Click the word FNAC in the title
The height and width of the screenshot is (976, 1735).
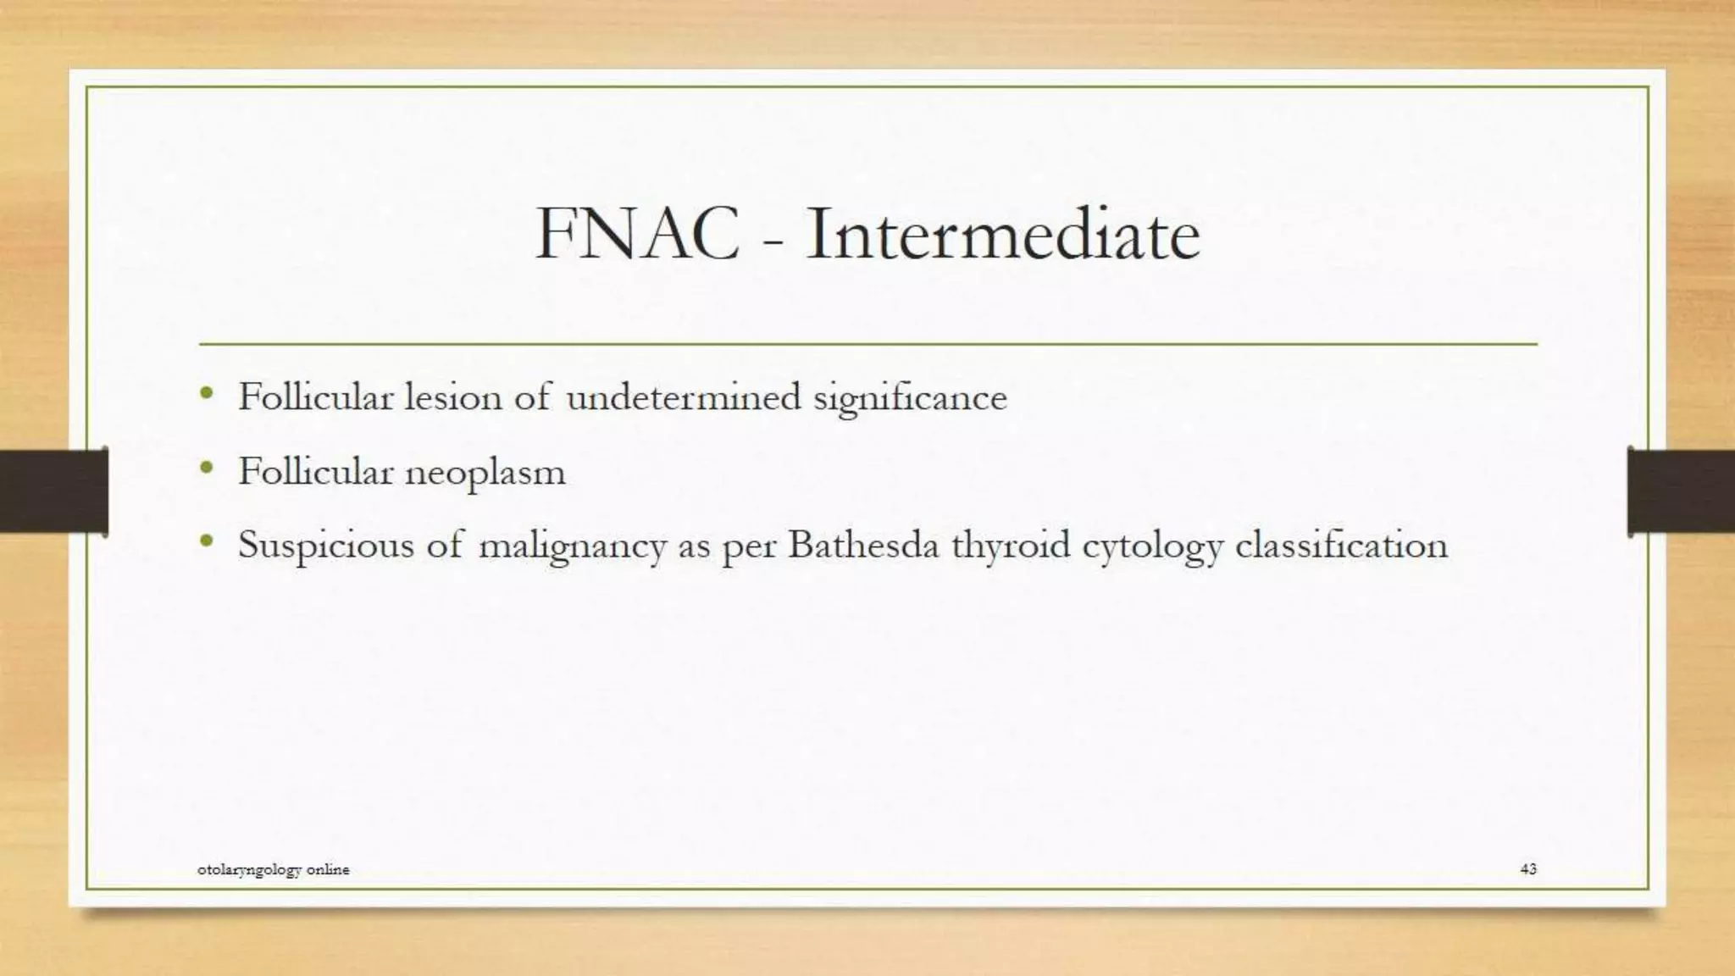tap(637, 234)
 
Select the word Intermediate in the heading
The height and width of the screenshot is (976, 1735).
tap(1003, 234)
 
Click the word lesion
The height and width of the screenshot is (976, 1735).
tap(453, 396)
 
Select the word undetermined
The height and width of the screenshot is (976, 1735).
tap(683, 396)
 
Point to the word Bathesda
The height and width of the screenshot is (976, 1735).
tap(863, 545)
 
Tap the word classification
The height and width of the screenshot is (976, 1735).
tap(1342, 545)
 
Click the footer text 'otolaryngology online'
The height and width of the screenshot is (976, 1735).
tap(273, 869)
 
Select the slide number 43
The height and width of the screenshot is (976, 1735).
tap(1528, 868)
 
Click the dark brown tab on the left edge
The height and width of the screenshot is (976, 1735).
tap(53, 491)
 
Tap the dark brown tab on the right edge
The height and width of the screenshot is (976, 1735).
tap(1681, 491)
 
